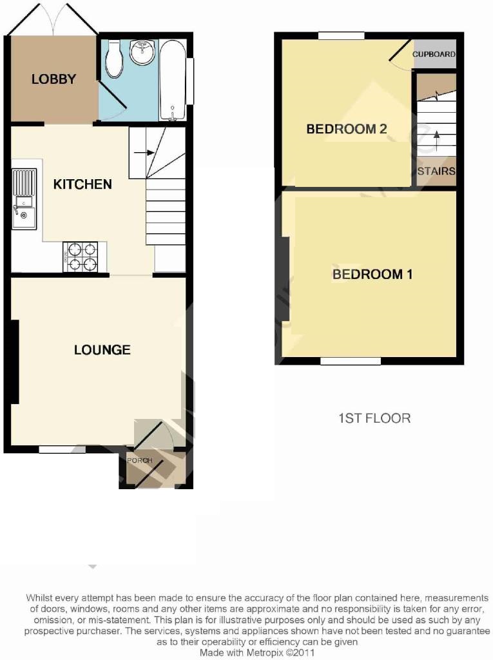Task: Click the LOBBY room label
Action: [x=53, y=79]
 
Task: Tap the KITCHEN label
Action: [x=82, y=184]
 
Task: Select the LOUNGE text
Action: [x=102, y=350]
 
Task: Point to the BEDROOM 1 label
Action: [x=372, y=275]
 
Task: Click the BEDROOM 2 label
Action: [x=347, y=129]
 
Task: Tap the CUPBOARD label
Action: [x=434, y=54]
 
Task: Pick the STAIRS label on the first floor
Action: [x=436, y=171]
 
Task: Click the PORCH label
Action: [x=140, y=460]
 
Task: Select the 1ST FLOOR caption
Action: [x=374, y=418]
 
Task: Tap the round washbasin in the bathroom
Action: [x=142, y=52]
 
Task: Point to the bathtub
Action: [x=172, y=80]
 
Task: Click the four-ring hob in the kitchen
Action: [x=81, y=257]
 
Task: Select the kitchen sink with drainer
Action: [x=24, y=199]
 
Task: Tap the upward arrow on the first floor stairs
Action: [x=436, y=141]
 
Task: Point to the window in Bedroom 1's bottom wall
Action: [x=351, y=361]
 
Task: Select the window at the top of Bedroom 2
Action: [x=341, y=36]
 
